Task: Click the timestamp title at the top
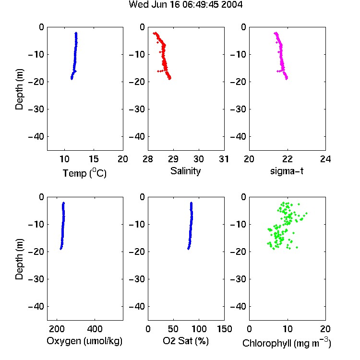coord(185,4)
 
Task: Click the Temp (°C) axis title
coord(84,173)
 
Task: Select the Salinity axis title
coord(185,171)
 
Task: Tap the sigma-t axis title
coord(287,171)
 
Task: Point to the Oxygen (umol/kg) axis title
coord(84,341)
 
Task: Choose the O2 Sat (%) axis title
coord(186,341)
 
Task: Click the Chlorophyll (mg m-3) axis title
coord(287,343)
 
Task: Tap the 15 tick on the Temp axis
coord(94,159)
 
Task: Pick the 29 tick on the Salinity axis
coord(173,159)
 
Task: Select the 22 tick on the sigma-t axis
coord(287,159)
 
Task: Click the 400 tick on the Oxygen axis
coord(95,329)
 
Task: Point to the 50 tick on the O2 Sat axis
coord(173,329)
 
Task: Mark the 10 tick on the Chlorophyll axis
coord(287,329)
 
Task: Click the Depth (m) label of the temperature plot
coord(19,89)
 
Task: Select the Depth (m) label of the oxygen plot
coord(19,259)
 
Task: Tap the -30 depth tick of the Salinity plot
coord(137,109)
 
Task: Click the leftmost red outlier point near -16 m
coord(158,71)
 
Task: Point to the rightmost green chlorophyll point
coord(307,213)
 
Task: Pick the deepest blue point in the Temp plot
coord(72,79)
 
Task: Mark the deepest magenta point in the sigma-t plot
coord(287,79)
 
